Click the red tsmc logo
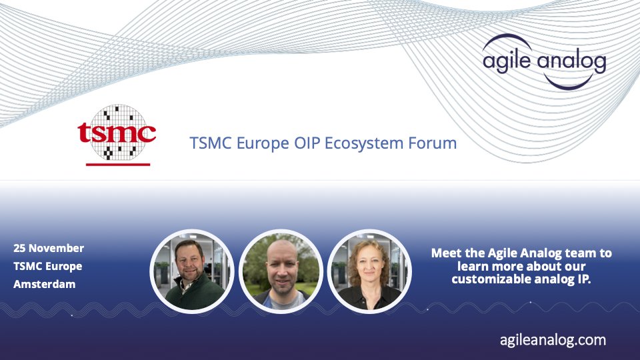click(x=117, y=134)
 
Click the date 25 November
click(x=49, y=248)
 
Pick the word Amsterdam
click(x=44, y=284)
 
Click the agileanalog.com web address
click(x=553, y=339)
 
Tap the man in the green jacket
click(x=192, y=270)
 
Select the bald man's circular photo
click(x=281, y=270)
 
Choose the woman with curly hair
click(x=369, y=270)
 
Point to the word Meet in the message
click(x=447, y=253)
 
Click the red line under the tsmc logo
click(x=117, y=164)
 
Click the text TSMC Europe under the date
click(x=47, y=266)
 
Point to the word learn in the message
click(x=473, y=266)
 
